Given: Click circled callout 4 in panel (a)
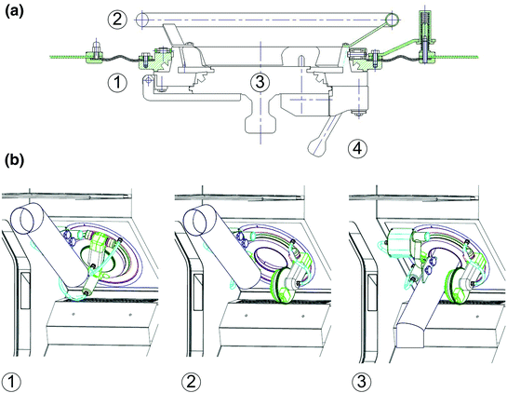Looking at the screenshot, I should point(359,146).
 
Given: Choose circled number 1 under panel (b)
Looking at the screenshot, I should point(13,379).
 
